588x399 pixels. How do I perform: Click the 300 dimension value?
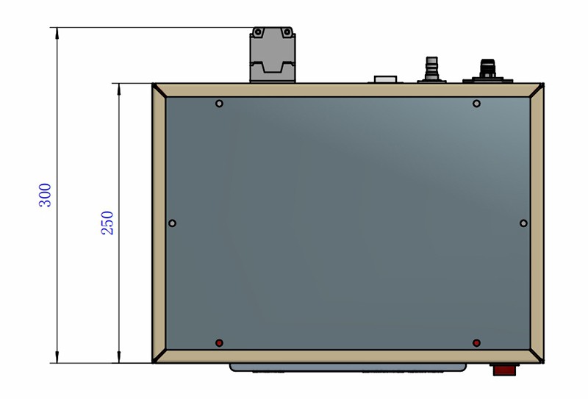46,195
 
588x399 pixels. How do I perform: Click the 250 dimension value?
107,223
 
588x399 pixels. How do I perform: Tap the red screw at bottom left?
219,342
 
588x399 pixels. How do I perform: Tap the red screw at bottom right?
476,342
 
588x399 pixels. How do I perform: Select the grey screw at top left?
219,104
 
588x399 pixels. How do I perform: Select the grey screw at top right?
476,104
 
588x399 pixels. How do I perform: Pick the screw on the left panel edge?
172,223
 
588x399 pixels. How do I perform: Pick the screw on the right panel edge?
524,223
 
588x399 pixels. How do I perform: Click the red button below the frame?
504,370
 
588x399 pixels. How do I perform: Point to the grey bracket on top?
273,54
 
